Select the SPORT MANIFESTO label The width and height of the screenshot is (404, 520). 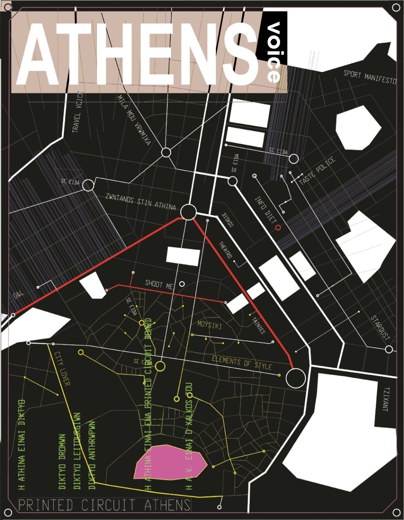coord(370,77)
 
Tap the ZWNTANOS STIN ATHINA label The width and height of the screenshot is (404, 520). coord(136,203)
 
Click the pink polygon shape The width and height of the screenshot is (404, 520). coord(171,462)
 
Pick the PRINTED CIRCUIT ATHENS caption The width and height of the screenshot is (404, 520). coord(105,505)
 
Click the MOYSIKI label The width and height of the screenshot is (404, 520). coord(210,324)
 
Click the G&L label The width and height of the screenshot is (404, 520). coord(19,296)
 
